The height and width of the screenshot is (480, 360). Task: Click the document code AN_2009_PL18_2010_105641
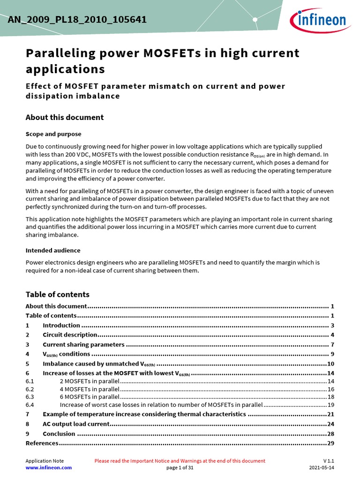tap(77, 20)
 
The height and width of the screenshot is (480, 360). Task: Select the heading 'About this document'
tap(64, 117)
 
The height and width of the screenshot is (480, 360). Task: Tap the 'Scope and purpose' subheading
tap(53, 134)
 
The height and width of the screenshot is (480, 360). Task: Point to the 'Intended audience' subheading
tap(52, 250)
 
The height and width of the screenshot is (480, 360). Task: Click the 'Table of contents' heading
tap(57, 294)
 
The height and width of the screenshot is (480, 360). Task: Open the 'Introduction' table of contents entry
tap(61, 325)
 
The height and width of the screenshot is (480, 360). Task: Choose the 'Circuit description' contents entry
tap(70, 335)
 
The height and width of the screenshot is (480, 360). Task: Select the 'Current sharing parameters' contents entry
tap(83, 345)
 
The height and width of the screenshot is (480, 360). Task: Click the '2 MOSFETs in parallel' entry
tap(90, 382)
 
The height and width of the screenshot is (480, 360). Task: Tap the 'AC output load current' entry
tap(76, 424)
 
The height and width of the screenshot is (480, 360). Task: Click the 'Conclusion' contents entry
tap(59, 434)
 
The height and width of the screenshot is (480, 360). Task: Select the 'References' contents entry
tap(42, 443)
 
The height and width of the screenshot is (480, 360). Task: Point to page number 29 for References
tap(330, 443)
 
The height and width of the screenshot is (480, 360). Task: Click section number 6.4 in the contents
tap(30, 405)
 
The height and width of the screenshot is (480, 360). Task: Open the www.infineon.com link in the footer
tap(48, 467)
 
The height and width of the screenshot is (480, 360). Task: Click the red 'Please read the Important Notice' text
tap(180, 461)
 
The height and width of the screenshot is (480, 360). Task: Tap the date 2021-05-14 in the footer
tap(322, 467)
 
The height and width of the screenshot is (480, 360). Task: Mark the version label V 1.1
tap(329, 461)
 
